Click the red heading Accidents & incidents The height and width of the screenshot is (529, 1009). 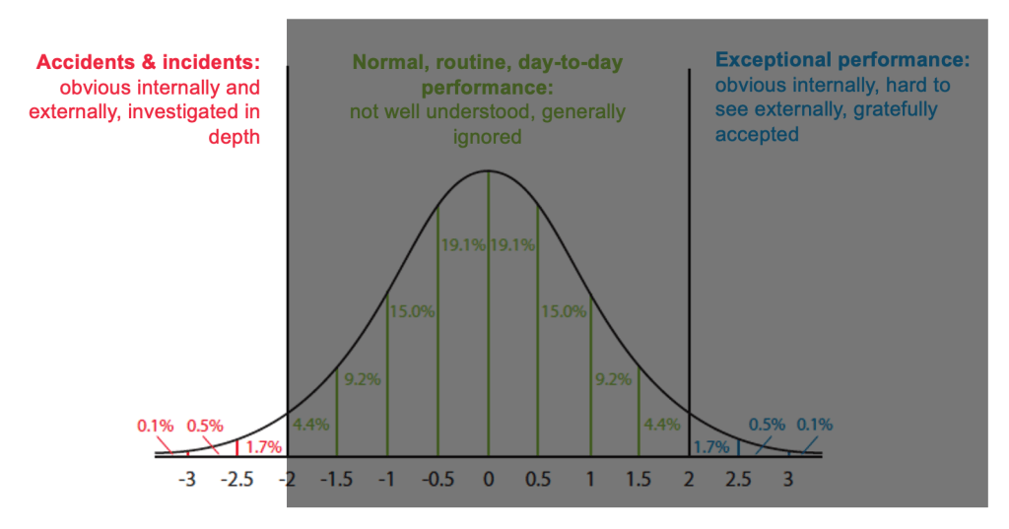point(149,62)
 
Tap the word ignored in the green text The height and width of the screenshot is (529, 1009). point(488,137)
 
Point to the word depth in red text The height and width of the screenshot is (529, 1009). point(234,137)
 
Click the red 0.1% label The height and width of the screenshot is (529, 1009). point(156,426)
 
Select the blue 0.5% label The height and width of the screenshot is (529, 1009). point(767,425)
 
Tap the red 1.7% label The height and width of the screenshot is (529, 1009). point(264,448)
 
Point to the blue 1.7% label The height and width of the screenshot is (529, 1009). point(710,448)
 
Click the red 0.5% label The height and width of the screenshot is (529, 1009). point(206,426)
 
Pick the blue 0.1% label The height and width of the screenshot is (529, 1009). point(815,425)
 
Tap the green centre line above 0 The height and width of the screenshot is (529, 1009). point(488,315)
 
